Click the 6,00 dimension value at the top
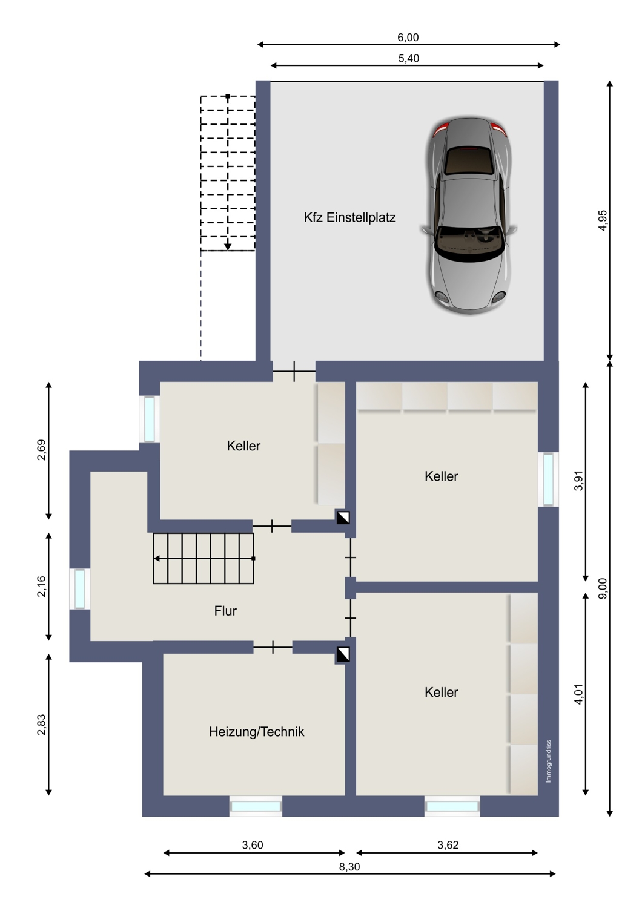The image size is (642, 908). click(408, 38)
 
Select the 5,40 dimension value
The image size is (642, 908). click(408, 58)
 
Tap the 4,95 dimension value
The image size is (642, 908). click(603, 220)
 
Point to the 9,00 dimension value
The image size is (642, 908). click(603, 588)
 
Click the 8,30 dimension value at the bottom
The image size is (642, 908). click(349, 867)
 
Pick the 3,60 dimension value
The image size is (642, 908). click(253, 845)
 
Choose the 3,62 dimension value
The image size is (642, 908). click(448, 845)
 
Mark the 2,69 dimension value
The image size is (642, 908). click(41, 450)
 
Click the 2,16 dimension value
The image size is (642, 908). click(41, 587)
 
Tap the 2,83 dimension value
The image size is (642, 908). click(41, 725)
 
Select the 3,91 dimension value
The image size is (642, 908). click(579, 481)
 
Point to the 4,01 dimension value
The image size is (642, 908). click(579, 694)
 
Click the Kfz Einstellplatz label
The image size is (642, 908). click(349, 218)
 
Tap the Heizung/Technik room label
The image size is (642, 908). click(256, 732)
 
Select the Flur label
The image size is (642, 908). click(225, 610)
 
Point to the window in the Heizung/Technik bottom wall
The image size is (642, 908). click(256, 806)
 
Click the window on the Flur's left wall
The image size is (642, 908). click(79, 589)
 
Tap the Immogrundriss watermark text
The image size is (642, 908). click(548, 762)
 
